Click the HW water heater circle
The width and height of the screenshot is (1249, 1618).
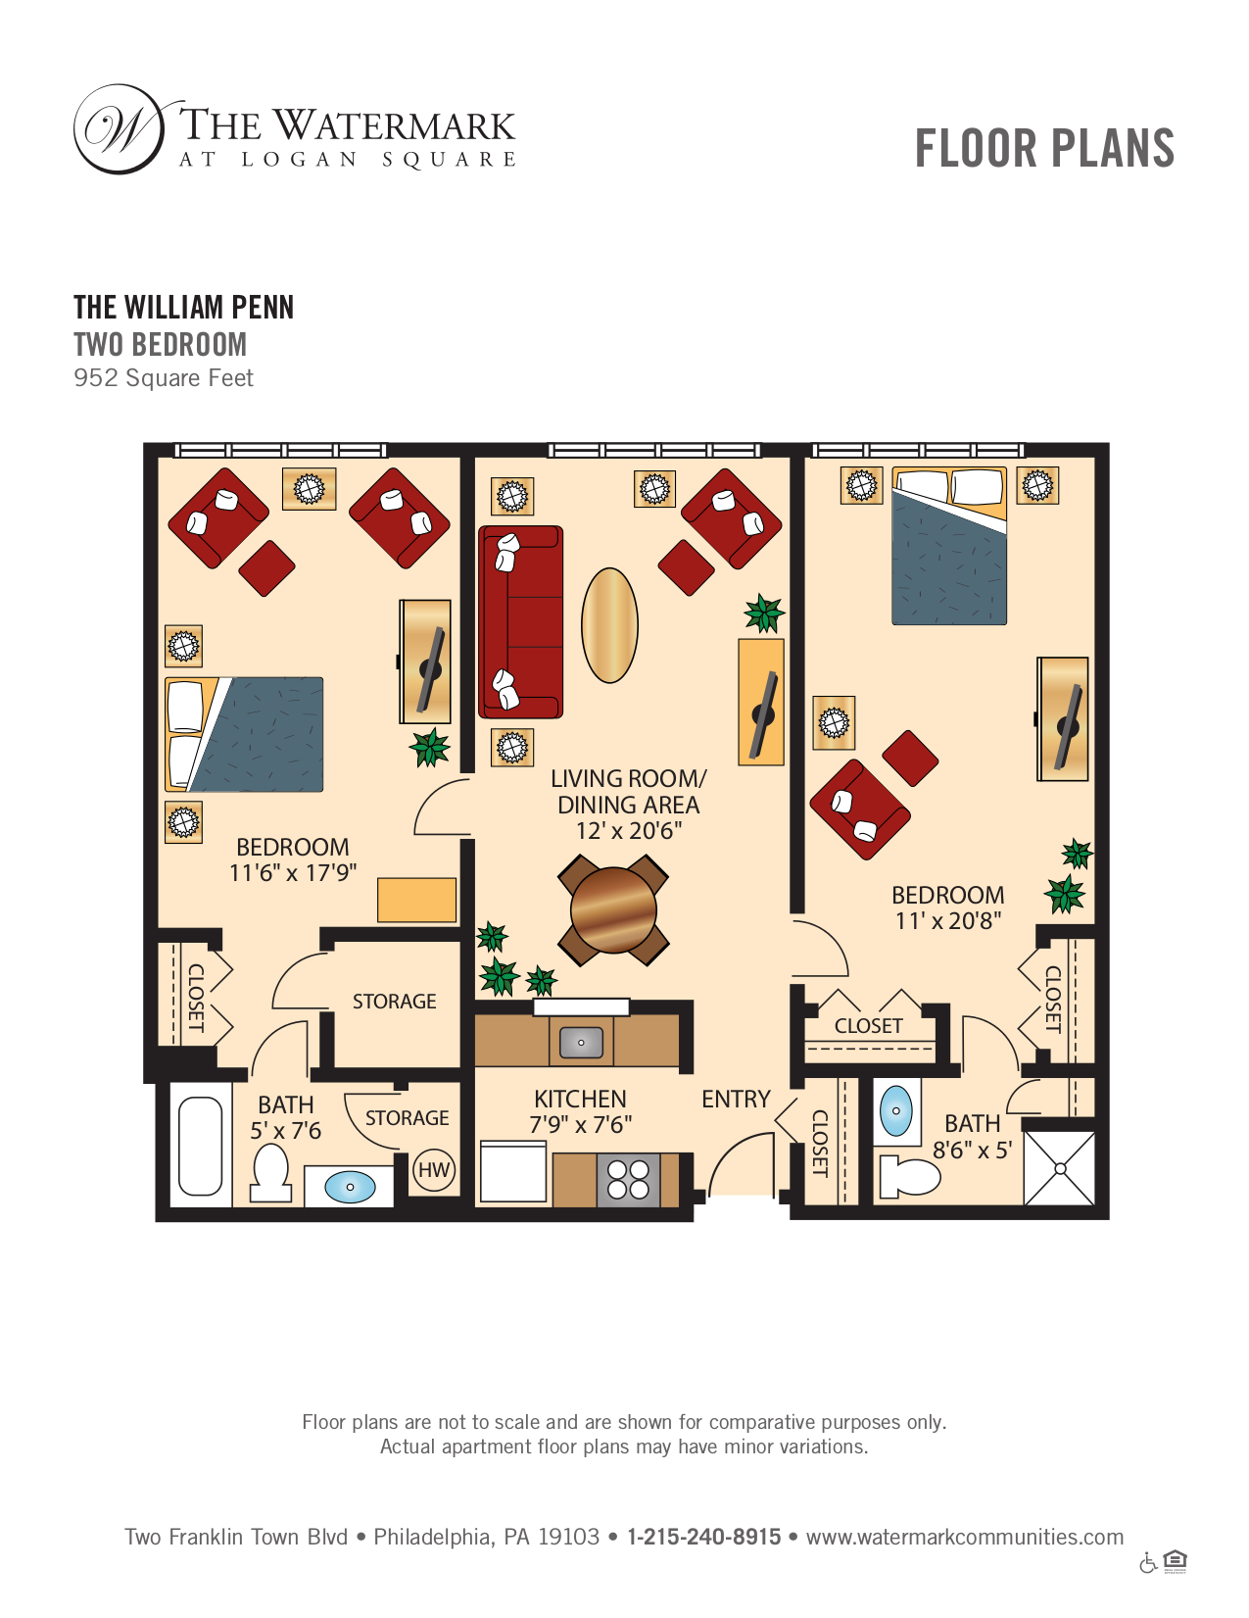coord(433,1170)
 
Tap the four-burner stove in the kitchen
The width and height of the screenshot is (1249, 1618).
coord(628,1180)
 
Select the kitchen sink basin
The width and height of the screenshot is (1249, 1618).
coord(581,1042)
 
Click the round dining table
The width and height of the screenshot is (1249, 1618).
coord(613,909)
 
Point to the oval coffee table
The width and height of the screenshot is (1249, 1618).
coord(609,625)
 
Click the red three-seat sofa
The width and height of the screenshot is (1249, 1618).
coord(520,621)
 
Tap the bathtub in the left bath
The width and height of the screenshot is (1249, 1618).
coord(201,1146)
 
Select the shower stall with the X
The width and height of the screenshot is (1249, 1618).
coord(1060,1169)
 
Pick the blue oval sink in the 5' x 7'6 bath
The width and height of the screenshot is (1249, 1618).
coord(350,1187)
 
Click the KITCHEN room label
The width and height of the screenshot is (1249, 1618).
coord(580,1099)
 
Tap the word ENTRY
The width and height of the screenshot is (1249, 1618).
coord(736,1099)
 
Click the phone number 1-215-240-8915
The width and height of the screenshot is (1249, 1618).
coord(704,1537)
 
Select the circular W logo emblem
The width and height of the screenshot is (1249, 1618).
coord(120,129)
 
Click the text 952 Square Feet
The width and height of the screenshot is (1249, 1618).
coord(164,378)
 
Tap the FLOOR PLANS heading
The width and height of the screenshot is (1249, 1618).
coord(1044,148)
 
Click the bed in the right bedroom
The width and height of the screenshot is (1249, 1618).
coord(949,546)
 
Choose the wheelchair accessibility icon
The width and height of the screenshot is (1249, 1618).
coord(1148,1563)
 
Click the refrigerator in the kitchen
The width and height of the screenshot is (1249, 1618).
coord(513,1173)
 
